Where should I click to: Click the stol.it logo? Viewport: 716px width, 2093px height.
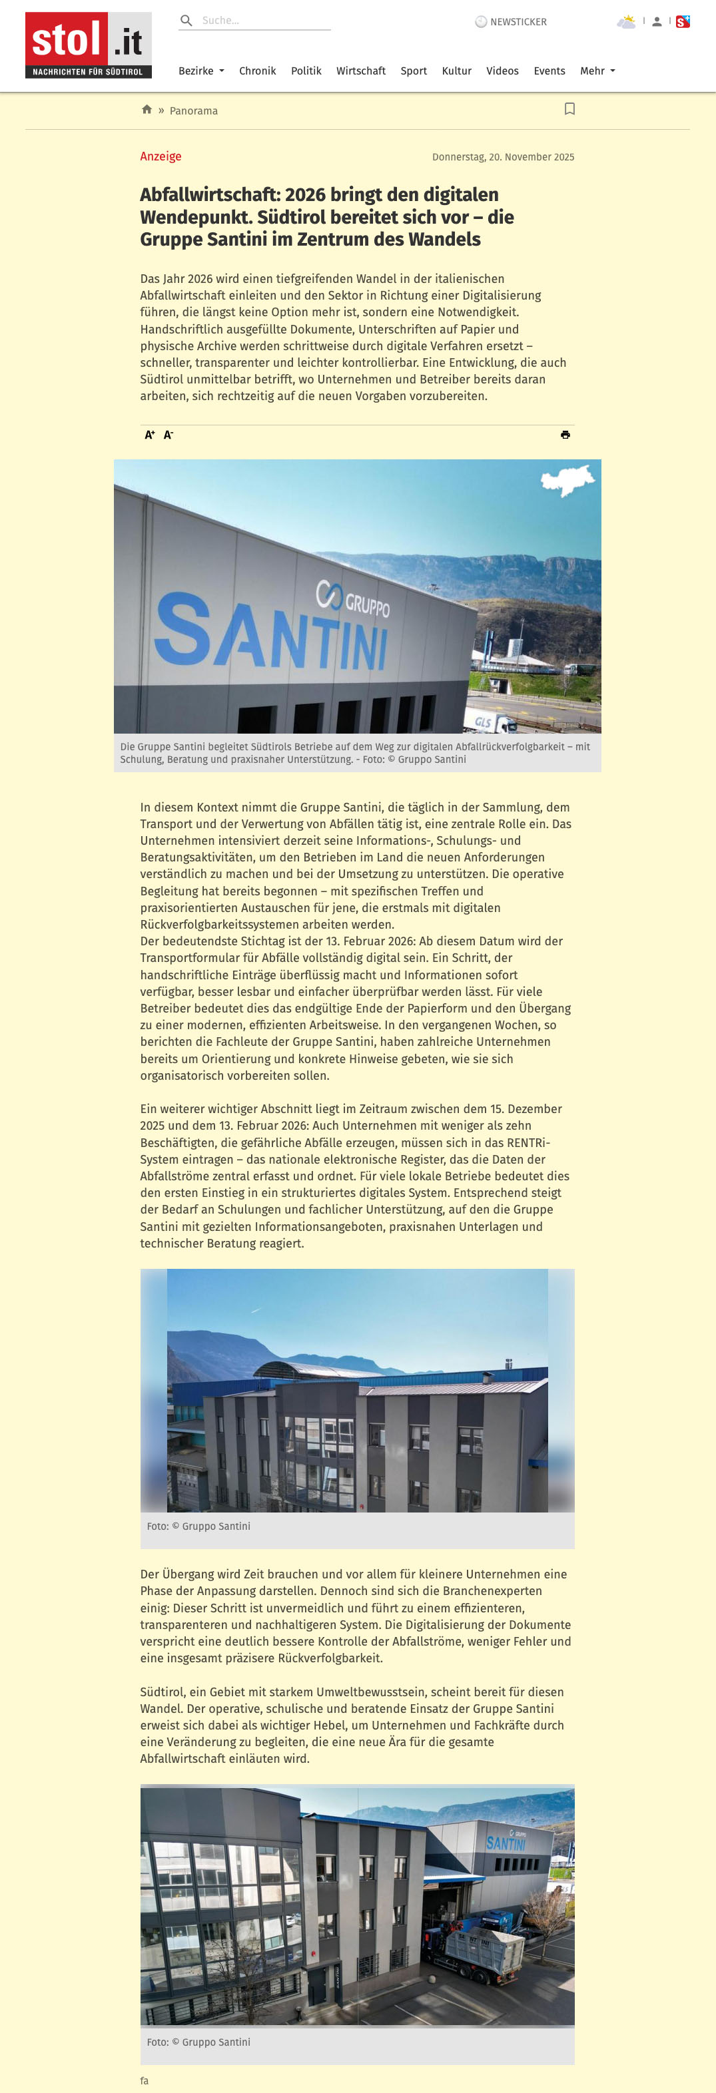(x=88, y=45)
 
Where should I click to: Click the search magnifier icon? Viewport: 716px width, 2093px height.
(x=186, y=21)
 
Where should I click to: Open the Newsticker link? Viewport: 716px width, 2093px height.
(x=512, y=22)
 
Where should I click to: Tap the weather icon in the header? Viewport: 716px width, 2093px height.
(x=626, y=22)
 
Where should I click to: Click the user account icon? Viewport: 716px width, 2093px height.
(x=657, y=22)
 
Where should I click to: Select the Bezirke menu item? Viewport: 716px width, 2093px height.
(x=200, y=71)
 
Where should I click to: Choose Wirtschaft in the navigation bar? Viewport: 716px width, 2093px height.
(x=361, y=71)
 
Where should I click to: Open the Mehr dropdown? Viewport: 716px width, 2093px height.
(x=597, y=71)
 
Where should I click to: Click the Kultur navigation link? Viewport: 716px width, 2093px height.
(x=456, y=71)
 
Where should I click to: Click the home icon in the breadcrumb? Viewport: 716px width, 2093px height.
(x=147, y=110)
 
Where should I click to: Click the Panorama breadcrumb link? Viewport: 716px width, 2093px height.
(x=193, y=111)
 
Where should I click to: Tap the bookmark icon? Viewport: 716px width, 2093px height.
(x=569, y=109)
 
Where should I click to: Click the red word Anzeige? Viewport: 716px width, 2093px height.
(x=160, y=156)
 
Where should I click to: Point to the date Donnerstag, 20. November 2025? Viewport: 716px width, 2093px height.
(x=502, y=157)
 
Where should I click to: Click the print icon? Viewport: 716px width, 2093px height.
(x=565, y=435)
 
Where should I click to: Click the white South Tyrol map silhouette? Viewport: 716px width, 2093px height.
(x=569, y=481)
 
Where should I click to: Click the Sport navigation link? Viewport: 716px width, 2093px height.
(x=413, y=71)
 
